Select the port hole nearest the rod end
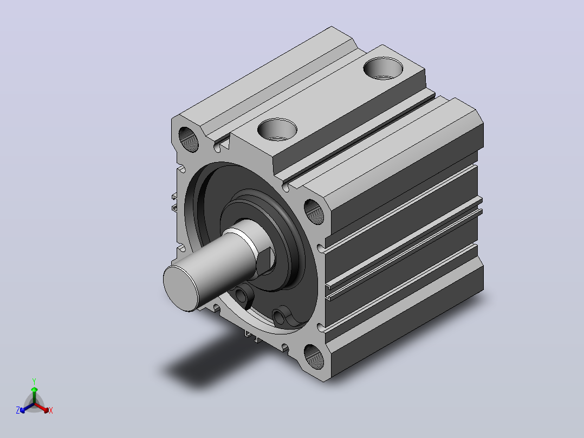click(277, 130)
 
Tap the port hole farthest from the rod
click(383, 68)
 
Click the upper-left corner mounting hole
click(189, 139)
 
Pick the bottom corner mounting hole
click(314, 357)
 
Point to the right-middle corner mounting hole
click(314, 212)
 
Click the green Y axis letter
click(34, 382)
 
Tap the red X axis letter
click(51, 410)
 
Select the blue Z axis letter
click(18, 410)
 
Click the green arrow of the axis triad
click(34, 395)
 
